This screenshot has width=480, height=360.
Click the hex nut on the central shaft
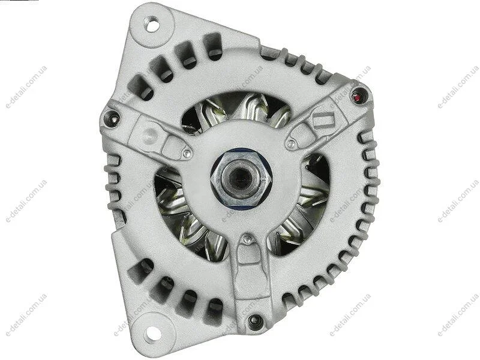coord(241,178)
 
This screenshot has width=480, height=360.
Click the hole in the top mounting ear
coord(153,25)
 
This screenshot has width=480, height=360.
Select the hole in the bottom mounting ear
coord(152,332)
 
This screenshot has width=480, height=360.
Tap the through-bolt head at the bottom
coord(254,319)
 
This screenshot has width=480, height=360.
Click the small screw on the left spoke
coord(187,153)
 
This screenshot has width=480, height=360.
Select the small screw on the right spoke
coord(292,143)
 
